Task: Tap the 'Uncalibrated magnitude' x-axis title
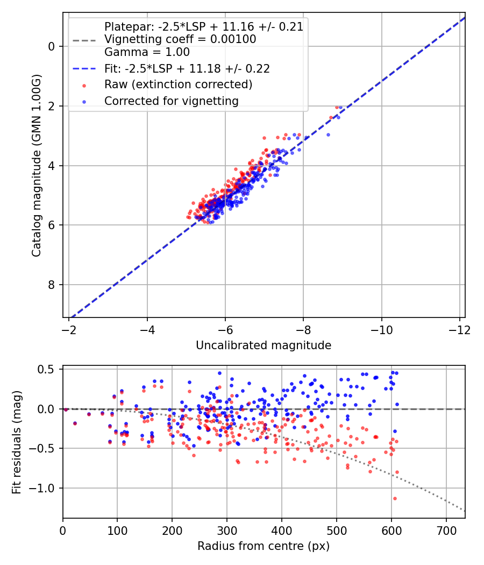tap(264, 345)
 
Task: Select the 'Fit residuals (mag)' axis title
tap(17, 441)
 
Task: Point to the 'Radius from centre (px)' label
tap(264, 546)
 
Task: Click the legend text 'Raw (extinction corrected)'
tap(178, 84)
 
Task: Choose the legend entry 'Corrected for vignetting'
tap(171, 101)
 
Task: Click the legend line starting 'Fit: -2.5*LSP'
tap(187, 68)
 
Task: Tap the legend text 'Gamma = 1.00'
tap(147, 52)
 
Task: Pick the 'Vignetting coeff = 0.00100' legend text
tap(180, 39)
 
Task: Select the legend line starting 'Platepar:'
tap(203, 26)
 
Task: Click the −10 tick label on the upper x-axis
tap(382, 329)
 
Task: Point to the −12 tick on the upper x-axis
tap(460, 329)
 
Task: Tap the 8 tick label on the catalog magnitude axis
tap(52, 285)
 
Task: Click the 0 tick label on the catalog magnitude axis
tap(52, 47)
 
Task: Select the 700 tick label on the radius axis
tap(446, 530)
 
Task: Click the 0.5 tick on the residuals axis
tap(47, 369)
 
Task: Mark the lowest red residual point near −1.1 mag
tap(394, 498)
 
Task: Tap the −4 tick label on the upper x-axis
tap(147, 329)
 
